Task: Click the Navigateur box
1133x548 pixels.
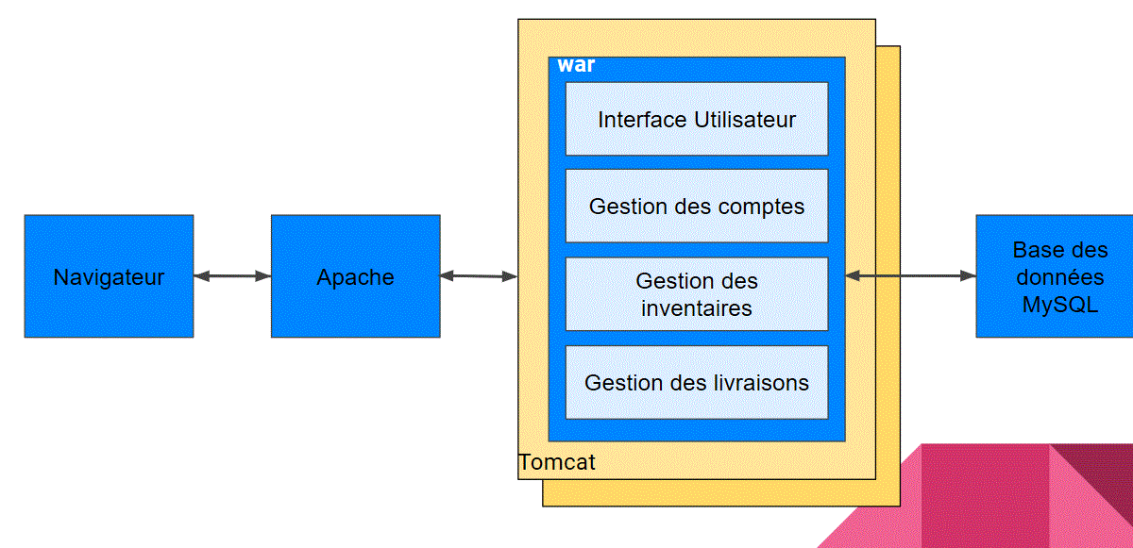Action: [109, 276]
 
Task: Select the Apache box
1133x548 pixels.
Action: [355, 276]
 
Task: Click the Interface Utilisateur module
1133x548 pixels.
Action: [697, 119]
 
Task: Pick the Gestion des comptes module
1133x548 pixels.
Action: [697, 206]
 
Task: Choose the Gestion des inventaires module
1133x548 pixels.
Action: [697, 293]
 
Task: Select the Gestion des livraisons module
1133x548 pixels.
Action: [697, 382]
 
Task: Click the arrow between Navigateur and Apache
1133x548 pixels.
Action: [232, 276]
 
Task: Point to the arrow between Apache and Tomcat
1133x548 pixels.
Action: [479, 276]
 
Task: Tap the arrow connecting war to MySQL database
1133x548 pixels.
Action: [910, 275]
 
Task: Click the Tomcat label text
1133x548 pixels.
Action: [557, 463]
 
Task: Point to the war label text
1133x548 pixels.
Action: [576, 66]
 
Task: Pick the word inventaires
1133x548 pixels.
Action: [697, 307]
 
